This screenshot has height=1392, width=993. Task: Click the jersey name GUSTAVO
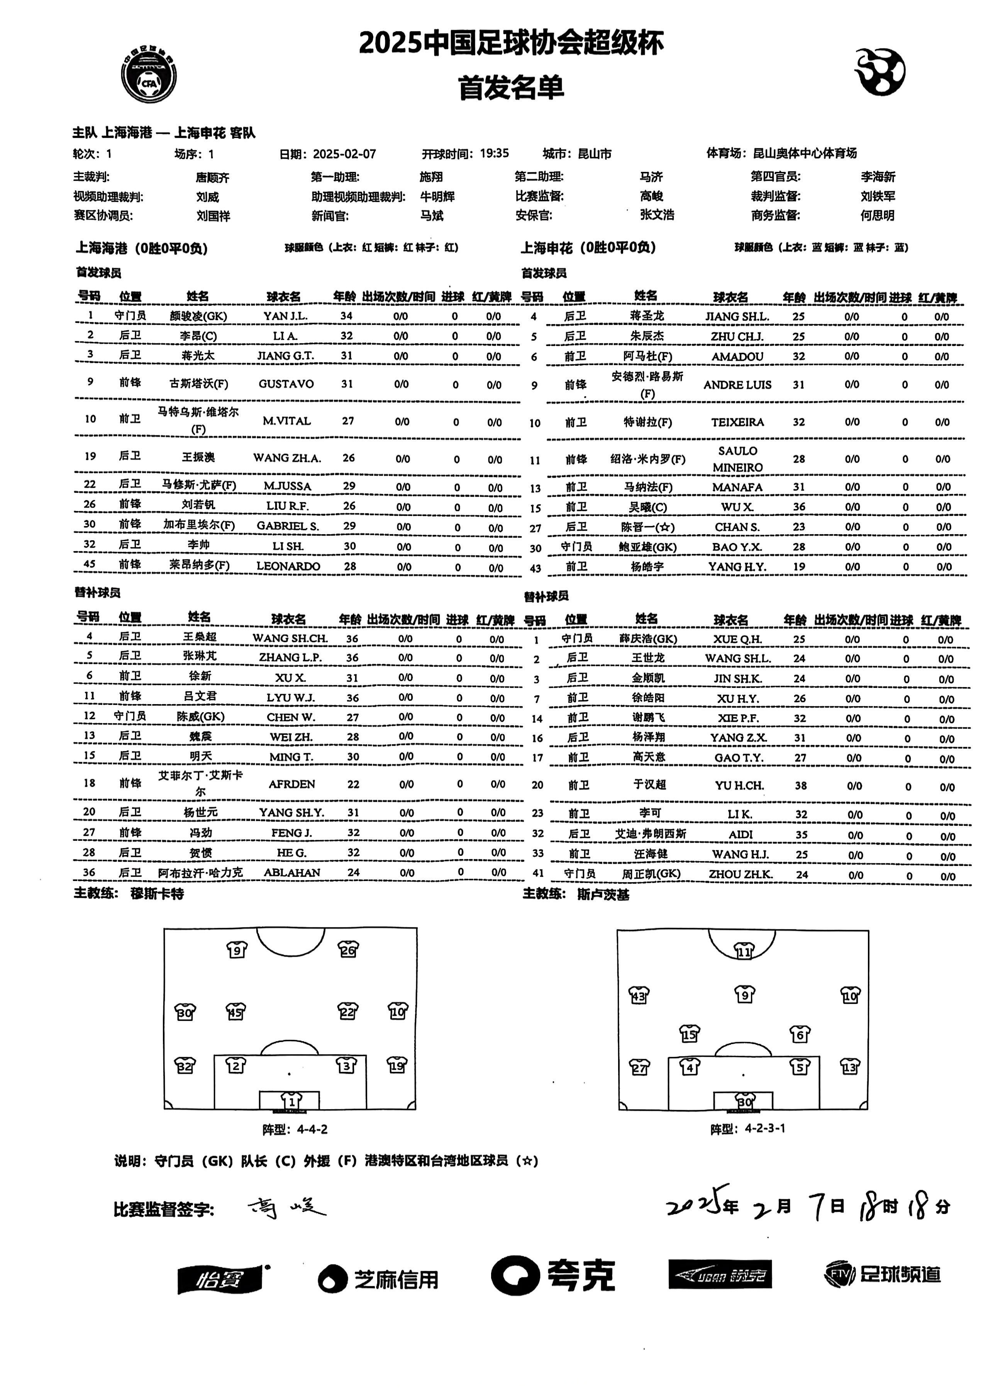286,384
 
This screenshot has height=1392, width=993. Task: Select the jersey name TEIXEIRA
737,422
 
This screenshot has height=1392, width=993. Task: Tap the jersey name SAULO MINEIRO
737,459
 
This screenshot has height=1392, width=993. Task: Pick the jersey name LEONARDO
288,566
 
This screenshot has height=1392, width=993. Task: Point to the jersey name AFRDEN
291,784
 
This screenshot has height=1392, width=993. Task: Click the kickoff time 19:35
494,153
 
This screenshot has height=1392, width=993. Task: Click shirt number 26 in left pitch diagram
348,949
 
